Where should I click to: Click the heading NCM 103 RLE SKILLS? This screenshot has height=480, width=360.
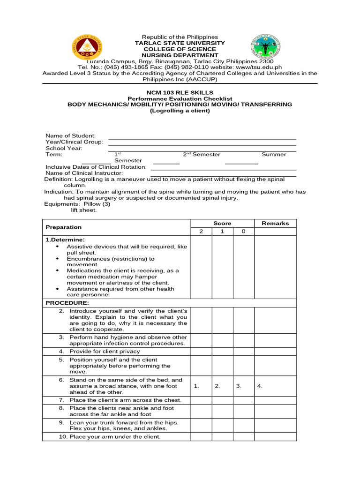point(180,92)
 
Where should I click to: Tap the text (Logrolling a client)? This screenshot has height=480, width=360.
point(180,111)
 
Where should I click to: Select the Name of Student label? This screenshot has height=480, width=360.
point(70,135)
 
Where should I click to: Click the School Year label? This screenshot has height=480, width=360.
point(64,148)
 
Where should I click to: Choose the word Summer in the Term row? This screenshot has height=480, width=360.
point(274,155)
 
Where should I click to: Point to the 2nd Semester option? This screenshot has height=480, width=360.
point(202,155)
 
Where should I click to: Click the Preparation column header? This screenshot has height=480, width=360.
point(63,227)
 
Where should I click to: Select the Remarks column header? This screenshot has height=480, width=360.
point(275,224)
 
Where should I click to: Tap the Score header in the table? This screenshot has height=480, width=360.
point(223,224)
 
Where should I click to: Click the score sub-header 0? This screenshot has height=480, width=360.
point(243,232)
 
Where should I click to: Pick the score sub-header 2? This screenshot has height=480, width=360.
point(201,232)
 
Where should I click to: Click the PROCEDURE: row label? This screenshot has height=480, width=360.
point(67,303)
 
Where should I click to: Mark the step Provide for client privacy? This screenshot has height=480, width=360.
point(105,351)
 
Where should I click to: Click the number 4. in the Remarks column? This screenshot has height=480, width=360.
point(260,386)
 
